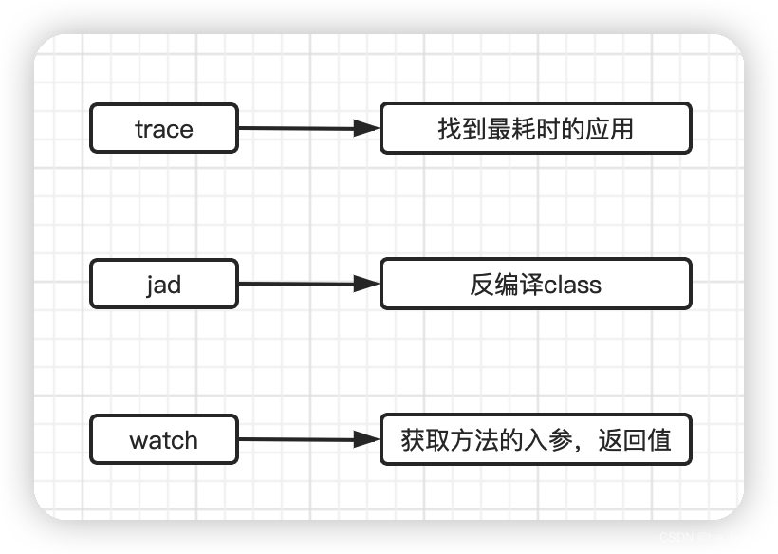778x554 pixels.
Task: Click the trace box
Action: (x=163, y=128)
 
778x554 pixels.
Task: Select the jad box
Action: (x=163, y=284)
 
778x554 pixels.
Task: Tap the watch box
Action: (x=163, y=439)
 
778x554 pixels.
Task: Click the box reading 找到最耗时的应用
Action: (x=535, y=128)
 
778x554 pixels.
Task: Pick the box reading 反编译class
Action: (x=535, y=284)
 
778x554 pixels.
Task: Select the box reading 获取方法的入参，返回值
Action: (x=535, y=439)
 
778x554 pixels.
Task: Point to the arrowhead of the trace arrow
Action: (x=367, y=128)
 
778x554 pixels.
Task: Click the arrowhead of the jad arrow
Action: (x=367, y=284)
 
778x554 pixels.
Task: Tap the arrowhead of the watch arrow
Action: (x=367, y=439)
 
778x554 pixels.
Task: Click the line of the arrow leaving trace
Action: (x=294, y=128)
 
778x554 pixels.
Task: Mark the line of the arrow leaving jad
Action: (x=294, y=284)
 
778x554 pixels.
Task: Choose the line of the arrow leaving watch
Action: (x=294, y=439)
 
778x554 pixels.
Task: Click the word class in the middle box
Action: (x=572, y=285)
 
